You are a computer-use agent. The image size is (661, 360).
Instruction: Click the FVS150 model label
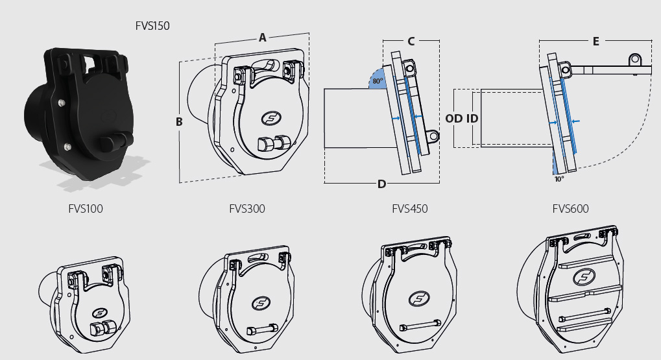click(x=152, y=27)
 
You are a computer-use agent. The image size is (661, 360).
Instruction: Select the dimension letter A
click(x=262, y=38)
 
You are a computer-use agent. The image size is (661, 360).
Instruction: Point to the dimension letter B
click(x=179, y=121)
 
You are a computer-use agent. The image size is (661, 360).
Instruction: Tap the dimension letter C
click(x=411, y=41)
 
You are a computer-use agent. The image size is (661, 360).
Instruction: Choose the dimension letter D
click(x=381, y=184)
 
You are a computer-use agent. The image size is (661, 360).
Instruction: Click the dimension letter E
click(x=595, y=41)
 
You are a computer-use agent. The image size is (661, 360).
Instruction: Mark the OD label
click(x=454, y=119)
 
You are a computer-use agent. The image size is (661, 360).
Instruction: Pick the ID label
click(x=472, y=119)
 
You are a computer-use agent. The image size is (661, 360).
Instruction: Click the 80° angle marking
click(x=377, y=82)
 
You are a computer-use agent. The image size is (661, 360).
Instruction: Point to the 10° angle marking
click(x=559, y=178)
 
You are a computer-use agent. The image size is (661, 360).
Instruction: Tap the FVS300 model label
click(x=247, y=209)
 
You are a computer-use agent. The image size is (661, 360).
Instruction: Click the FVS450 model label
click(x=410, y=209)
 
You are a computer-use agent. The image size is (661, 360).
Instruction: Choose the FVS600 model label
click(x=571, y=209)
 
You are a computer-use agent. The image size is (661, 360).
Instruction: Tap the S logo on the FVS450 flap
click(x=418, y=299)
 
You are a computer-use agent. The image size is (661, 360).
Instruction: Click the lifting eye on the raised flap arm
click(x=635, y=60)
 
